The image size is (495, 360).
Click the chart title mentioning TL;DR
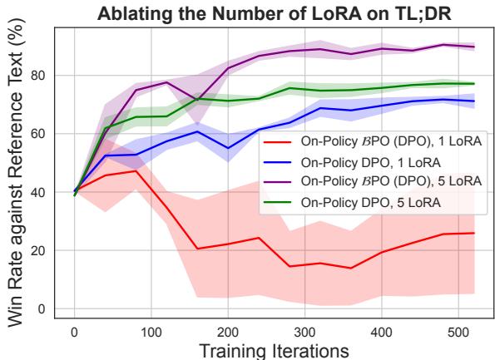(271, 11)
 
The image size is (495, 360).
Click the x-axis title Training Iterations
(270, 350)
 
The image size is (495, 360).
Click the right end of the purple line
(474, 47)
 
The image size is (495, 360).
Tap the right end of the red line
(474, 233)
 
